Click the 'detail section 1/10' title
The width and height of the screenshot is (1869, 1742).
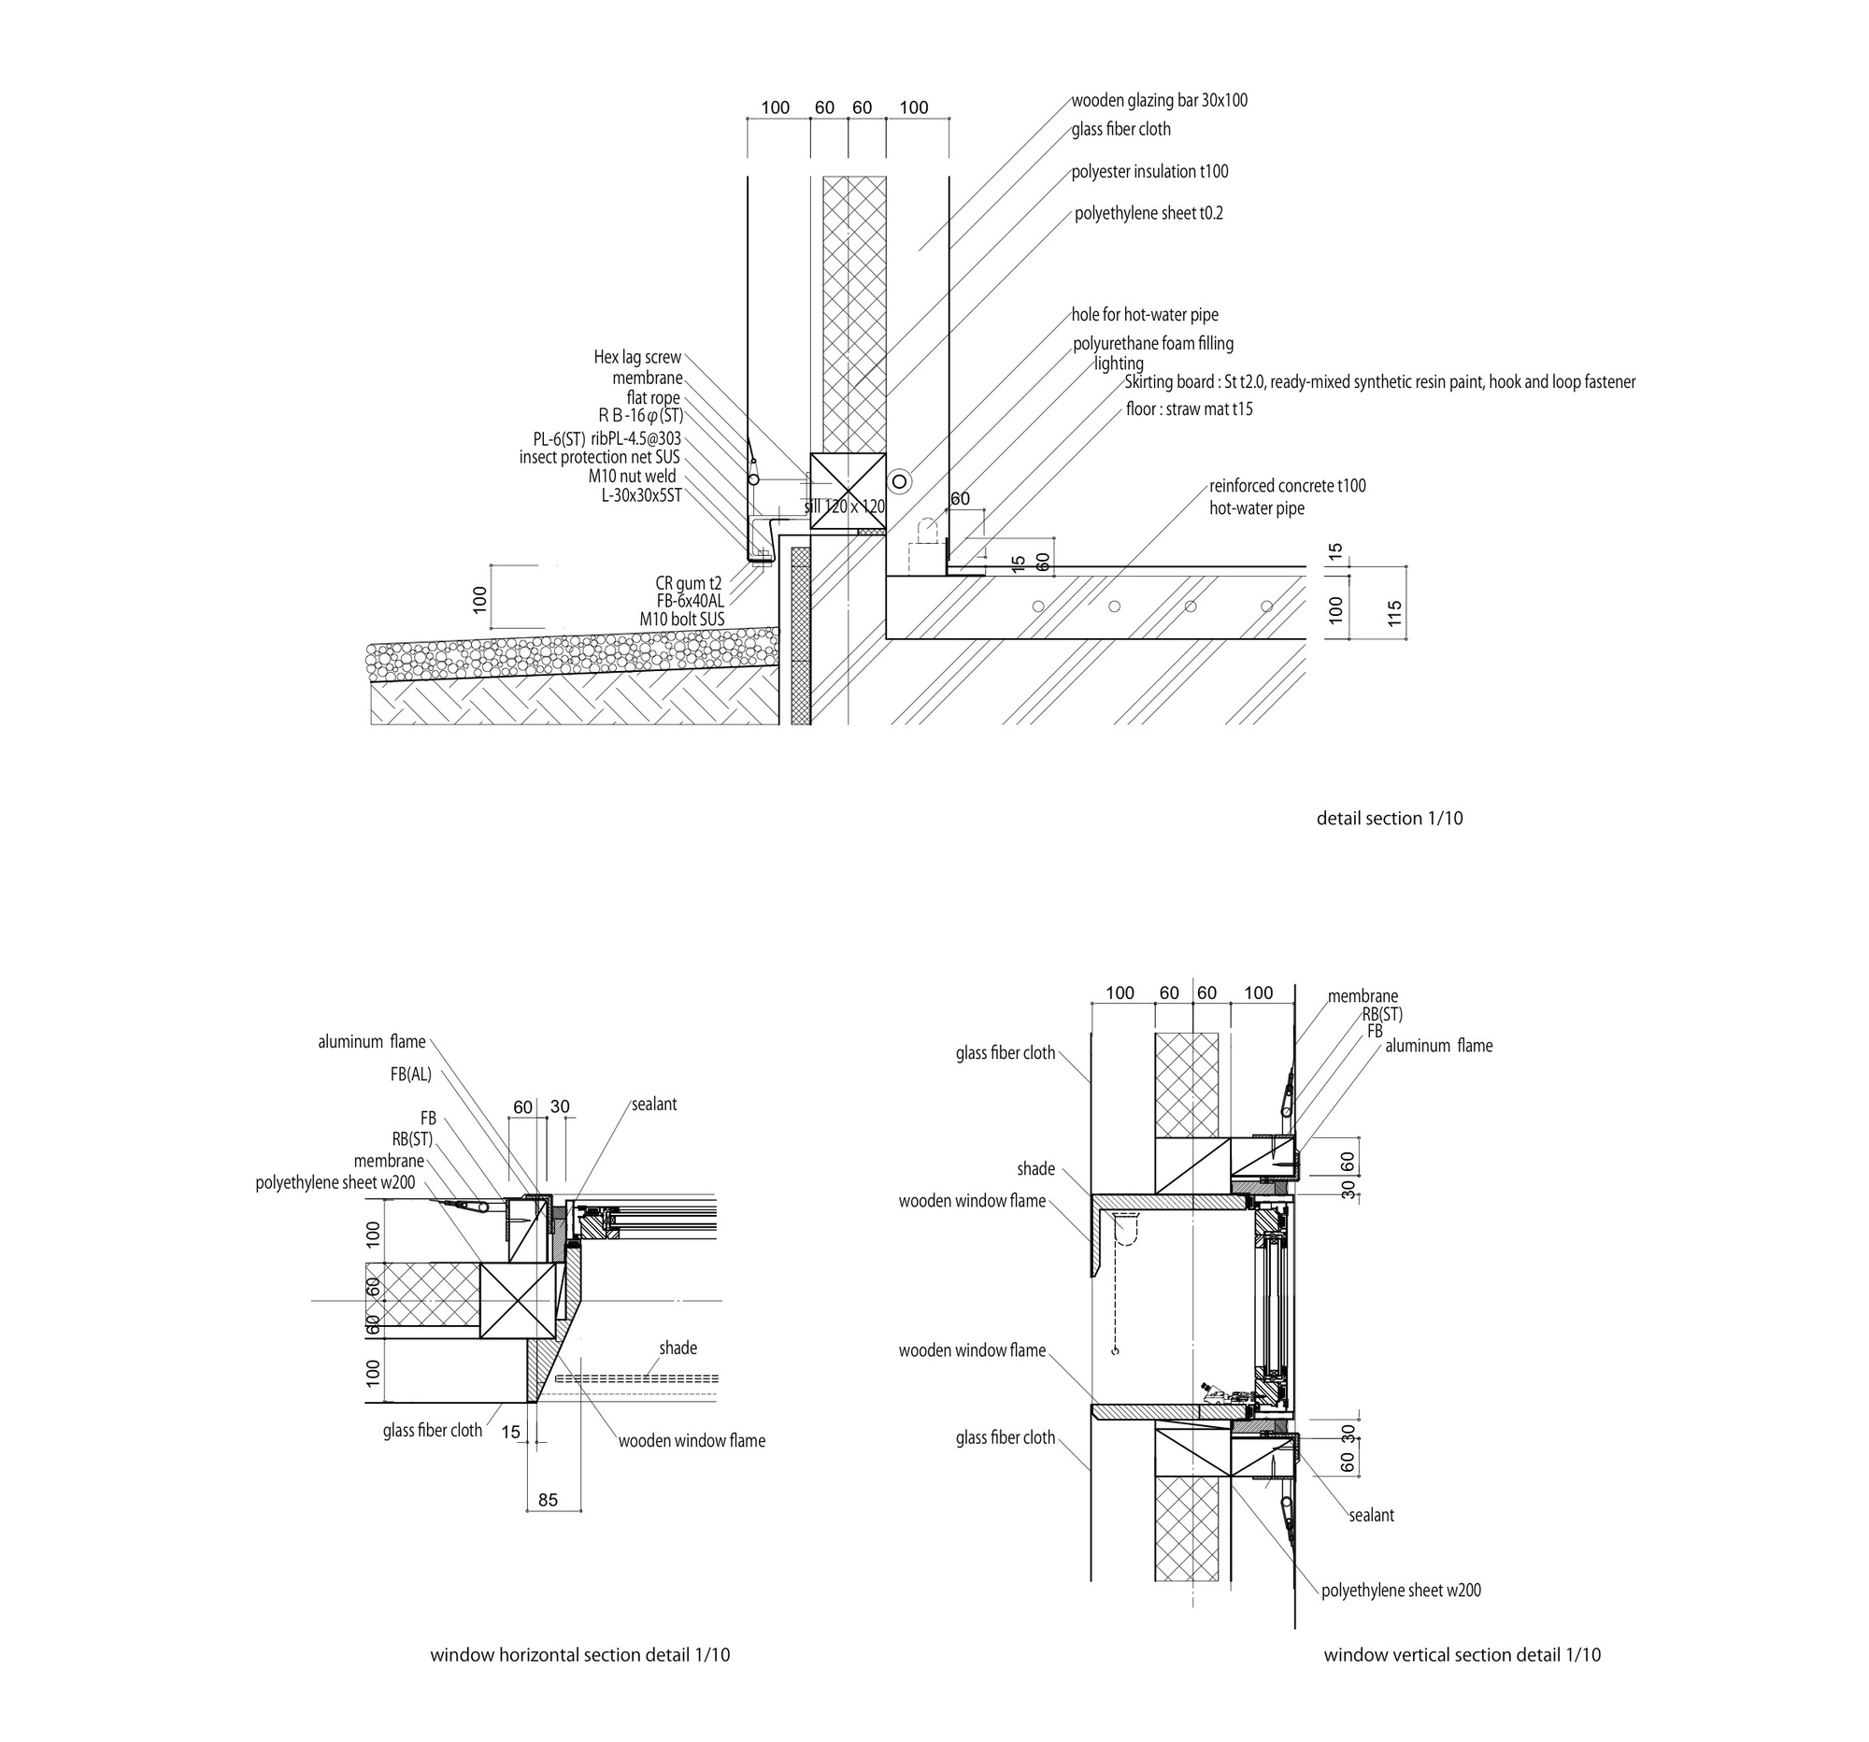point(1389,818)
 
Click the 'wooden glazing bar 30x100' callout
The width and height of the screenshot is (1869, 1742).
point(1159,101)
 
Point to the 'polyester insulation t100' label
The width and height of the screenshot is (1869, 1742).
point(1149,172)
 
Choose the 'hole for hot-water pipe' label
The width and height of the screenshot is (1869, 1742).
point(1144,315)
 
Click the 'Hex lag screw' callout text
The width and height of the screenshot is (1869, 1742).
point(636,357)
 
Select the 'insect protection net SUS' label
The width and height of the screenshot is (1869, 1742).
point(599,457)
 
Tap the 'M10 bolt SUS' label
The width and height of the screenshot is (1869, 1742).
point(681,620)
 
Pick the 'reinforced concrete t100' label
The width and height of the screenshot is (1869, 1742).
point(1287,486)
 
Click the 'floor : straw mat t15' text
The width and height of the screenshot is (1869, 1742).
point(1190,409)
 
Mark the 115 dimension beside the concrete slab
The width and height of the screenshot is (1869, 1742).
point(1394,614)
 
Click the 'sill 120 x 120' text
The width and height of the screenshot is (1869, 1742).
point(844,507)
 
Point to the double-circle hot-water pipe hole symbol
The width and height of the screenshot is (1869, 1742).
point(900,482)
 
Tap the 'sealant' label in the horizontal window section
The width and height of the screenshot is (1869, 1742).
point(653,1105)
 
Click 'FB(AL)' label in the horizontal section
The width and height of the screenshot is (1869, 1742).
point(411,1075)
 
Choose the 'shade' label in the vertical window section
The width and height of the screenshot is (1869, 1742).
point(1035,1168)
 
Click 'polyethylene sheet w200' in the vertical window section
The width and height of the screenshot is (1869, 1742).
point(1401,1591)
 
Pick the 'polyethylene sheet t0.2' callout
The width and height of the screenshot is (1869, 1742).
point(1149,213)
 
